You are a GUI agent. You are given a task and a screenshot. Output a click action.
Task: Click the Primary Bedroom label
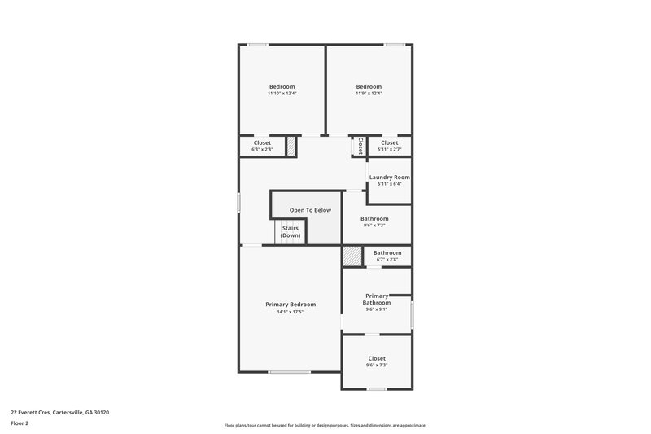[291, 304]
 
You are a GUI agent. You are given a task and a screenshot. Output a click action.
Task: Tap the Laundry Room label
[389, 177]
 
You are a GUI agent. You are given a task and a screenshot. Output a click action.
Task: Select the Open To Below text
[310, 210]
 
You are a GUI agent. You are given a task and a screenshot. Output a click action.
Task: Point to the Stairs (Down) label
[291, 232]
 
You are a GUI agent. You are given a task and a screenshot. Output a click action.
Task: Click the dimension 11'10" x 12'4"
[282, 94]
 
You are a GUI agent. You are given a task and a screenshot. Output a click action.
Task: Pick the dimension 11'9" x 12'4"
[369, 94]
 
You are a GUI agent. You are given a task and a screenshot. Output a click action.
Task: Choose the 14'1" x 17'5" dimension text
[291, 311]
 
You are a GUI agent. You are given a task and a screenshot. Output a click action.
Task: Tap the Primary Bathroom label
[376, 299]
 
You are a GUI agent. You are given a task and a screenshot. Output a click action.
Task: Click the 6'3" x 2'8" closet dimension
[262, 150]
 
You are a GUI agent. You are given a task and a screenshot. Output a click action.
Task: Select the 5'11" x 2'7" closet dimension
[389, 150]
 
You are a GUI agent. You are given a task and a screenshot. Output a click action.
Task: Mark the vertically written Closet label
[360, 146]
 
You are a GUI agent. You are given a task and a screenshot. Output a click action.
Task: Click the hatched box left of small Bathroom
[352, 256]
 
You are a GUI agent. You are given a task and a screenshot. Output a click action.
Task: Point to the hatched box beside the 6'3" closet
[291, 146]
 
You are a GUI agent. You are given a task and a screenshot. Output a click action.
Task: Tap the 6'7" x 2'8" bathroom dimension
[387, 260]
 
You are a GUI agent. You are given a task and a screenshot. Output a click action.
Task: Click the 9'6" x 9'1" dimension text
[376, 309]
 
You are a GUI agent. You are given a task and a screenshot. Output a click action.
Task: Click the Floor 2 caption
[20, 423]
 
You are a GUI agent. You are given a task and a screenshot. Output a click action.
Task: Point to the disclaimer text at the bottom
[325, 425]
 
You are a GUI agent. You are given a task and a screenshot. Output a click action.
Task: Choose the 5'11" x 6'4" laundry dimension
[389, 184]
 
